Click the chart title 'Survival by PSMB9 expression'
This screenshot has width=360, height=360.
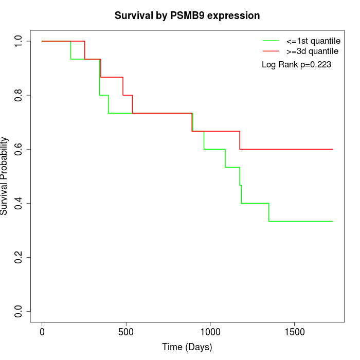(x=187, y=15)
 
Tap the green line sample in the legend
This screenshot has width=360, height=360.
(x=271, y=41)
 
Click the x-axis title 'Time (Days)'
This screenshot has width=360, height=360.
(x=187, y=347)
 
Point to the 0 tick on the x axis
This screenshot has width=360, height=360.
(x=42, y=332)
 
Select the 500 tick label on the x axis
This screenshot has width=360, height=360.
(x=126, y=332)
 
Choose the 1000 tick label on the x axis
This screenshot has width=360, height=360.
(x=210, y=332)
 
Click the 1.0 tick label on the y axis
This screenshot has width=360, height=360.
(x=19, y=41)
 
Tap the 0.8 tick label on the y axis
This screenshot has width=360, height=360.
(x=19, y=95)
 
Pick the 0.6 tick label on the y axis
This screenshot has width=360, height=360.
(x=19, y=149)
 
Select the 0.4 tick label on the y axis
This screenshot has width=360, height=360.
(x=19, y=203)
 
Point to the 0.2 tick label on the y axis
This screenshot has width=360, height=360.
(x=19, y=257)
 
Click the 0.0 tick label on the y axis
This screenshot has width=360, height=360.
(x=19, y=311)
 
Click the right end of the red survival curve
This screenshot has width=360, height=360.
(x=333, y=149)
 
